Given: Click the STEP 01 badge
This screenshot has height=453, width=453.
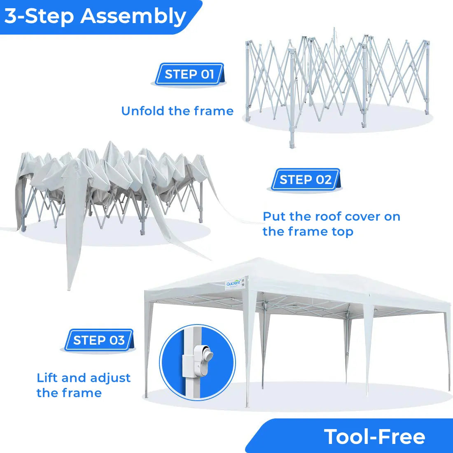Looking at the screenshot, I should click(189, 75).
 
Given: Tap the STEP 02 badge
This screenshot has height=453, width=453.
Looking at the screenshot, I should click(305, 180).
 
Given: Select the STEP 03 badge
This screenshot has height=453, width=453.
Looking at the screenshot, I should click(99, 341).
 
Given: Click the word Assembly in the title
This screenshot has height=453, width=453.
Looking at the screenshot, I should click(133, 16).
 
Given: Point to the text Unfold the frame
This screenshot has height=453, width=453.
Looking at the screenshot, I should click(177, 111).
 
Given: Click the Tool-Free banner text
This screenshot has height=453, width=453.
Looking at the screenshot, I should click(374, 437).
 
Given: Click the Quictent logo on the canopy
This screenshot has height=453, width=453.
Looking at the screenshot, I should click(233, 283).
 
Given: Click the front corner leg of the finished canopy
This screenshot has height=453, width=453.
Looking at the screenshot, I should click(248, 350).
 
